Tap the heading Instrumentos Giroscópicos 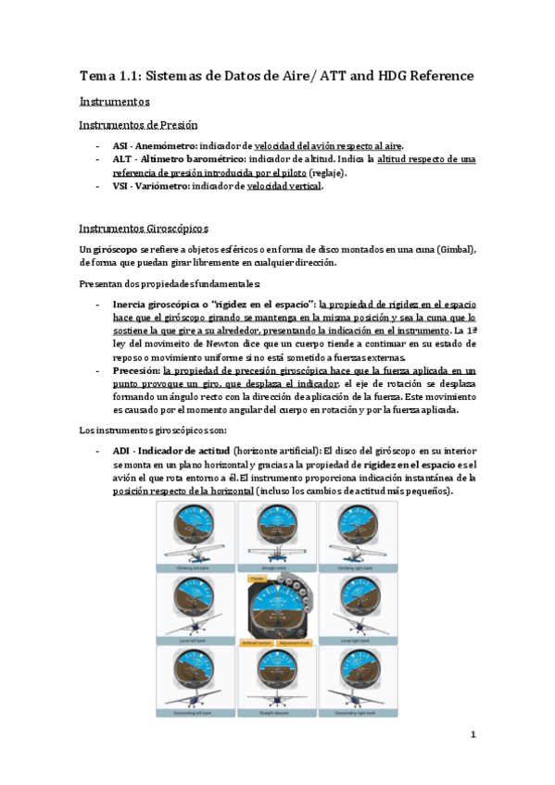pyautogui.click(x=144, y=227)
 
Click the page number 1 pyautogui.click(x=472, y=736)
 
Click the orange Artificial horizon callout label pyautogui.click(x=256, y=642)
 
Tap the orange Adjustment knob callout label pyautogui.click(x=293, y=642)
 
